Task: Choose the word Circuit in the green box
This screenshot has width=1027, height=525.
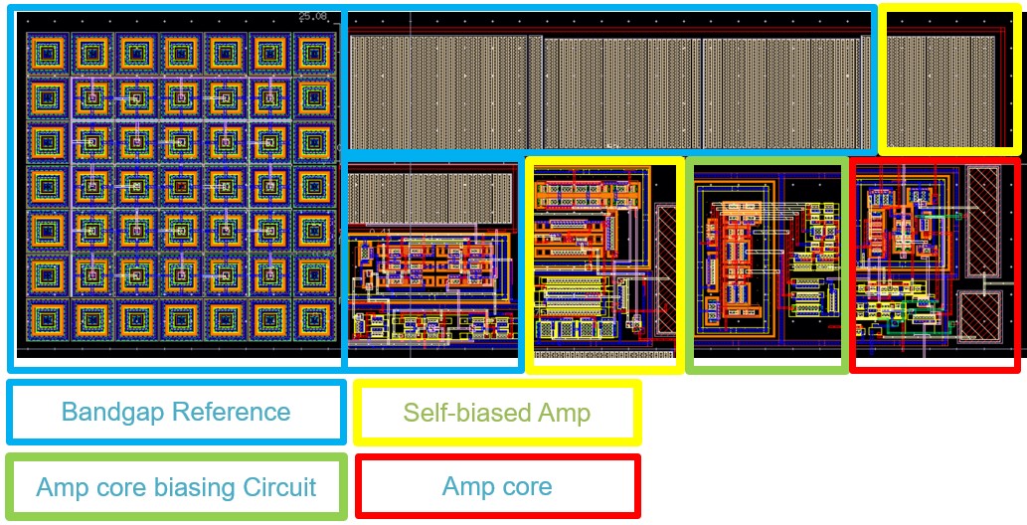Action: coord(280,487)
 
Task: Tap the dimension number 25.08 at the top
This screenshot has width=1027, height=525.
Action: coord(313,16)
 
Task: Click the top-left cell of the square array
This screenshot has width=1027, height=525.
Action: coord(45,52)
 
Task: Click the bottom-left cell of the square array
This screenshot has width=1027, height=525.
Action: coord(45,319)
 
